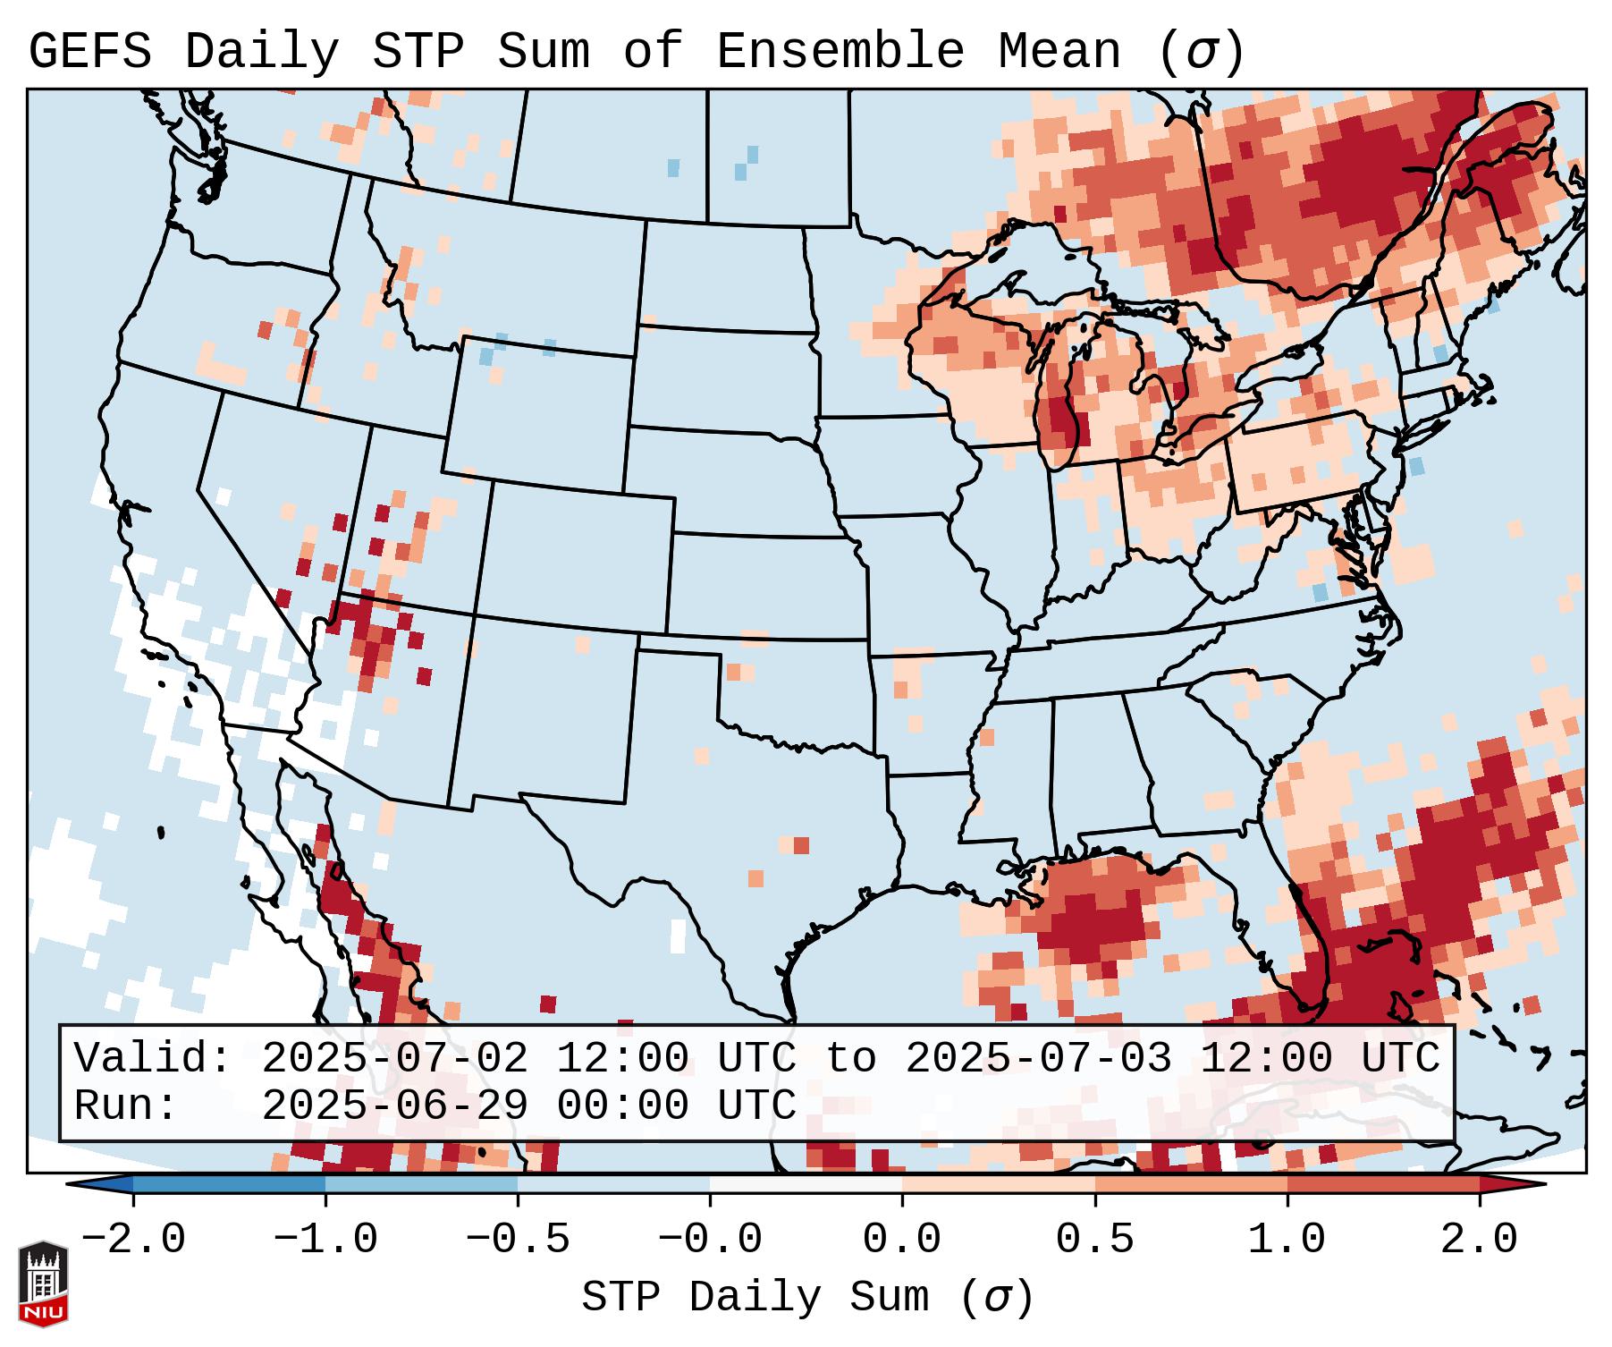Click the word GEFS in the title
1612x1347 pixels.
click(89, 52)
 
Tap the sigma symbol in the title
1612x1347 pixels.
click(1201, 52)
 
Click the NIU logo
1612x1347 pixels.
click(43, 1283)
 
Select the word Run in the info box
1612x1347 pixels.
click(125, 1106)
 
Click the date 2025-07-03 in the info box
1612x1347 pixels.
click(1038, 1059)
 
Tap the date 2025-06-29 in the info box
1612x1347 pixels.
click(394, 1106)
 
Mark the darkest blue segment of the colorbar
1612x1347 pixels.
click(229, 1184)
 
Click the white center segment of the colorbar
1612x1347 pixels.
click(806, 1184)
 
